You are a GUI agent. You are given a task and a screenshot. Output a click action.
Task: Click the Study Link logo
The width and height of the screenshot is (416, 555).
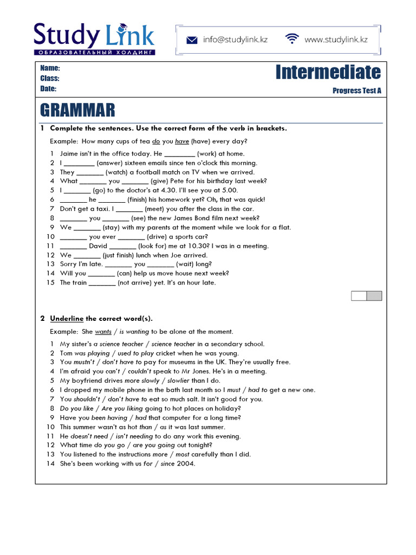pos(94,38)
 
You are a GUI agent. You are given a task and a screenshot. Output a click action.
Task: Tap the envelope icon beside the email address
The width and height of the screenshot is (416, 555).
pos(192,40)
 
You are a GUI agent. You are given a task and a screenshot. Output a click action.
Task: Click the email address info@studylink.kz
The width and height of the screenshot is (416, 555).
pos(236,40)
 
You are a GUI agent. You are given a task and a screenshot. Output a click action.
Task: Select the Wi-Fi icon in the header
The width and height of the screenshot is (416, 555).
pos(292,39)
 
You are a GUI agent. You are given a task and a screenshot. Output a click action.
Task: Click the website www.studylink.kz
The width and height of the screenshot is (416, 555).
pos(336,40)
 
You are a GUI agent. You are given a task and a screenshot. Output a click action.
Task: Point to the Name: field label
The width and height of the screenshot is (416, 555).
pos(50,68)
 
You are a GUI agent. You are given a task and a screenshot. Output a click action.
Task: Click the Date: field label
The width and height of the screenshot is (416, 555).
pos(48,89)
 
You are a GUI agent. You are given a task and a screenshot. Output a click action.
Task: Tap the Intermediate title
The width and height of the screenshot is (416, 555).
pos(328,72)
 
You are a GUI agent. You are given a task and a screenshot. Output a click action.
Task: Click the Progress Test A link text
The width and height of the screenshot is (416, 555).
pos(356,91)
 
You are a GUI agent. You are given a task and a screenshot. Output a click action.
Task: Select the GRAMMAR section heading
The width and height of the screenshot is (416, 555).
pos(77,111)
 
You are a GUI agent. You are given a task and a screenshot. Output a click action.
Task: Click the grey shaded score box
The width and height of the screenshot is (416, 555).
pos(374,295)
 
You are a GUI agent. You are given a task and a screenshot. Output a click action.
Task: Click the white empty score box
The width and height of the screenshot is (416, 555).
pos(359,295)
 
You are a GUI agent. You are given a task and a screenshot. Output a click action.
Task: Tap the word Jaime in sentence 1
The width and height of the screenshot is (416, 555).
pos(69,153)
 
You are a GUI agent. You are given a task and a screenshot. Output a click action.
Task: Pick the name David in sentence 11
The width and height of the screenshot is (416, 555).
pos(98,246)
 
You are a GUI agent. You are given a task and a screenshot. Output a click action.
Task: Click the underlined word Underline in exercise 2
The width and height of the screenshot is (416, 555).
pos(67,318)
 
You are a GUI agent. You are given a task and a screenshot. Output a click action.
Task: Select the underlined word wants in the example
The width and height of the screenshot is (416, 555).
pos(103,332)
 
